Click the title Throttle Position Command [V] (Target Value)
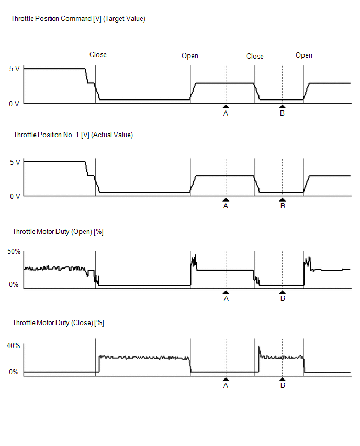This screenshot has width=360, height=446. [78, 19]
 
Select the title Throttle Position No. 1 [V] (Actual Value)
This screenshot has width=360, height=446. [73, 135]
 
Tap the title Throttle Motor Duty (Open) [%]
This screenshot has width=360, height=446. [58, 231]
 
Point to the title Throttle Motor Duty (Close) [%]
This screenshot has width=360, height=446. [58, 323]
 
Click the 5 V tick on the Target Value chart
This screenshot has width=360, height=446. [15, 69]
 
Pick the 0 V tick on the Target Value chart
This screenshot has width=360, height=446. [14, 104]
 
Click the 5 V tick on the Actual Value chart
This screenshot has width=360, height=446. [15, 162]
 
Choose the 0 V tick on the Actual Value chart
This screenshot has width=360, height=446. [14, 196]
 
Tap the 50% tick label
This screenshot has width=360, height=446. [14, 252]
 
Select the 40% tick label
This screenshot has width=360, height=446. [14, 345]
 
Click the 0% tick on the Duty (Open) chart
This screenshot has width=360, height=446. [14, 285]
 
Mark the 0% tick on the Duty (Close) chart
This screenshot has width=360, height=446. [14, 372]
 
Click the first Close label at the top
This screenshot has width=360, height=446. [98, 54]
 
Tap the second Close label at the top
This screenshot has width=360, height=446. [255, 56]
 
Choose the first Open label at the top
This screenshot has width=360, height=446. [190, 55]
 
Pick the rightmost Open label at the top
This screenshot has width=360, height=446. [304, 55]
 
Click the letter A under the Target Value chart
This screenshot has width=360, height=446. [226, 113]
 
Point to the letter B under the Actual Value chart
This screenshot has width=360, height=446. [283, 206]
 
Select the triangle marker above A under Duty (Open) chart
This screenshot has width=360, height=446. [226, 292]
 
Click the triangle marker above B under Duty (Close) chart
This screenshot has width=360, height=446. [283, 379]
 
